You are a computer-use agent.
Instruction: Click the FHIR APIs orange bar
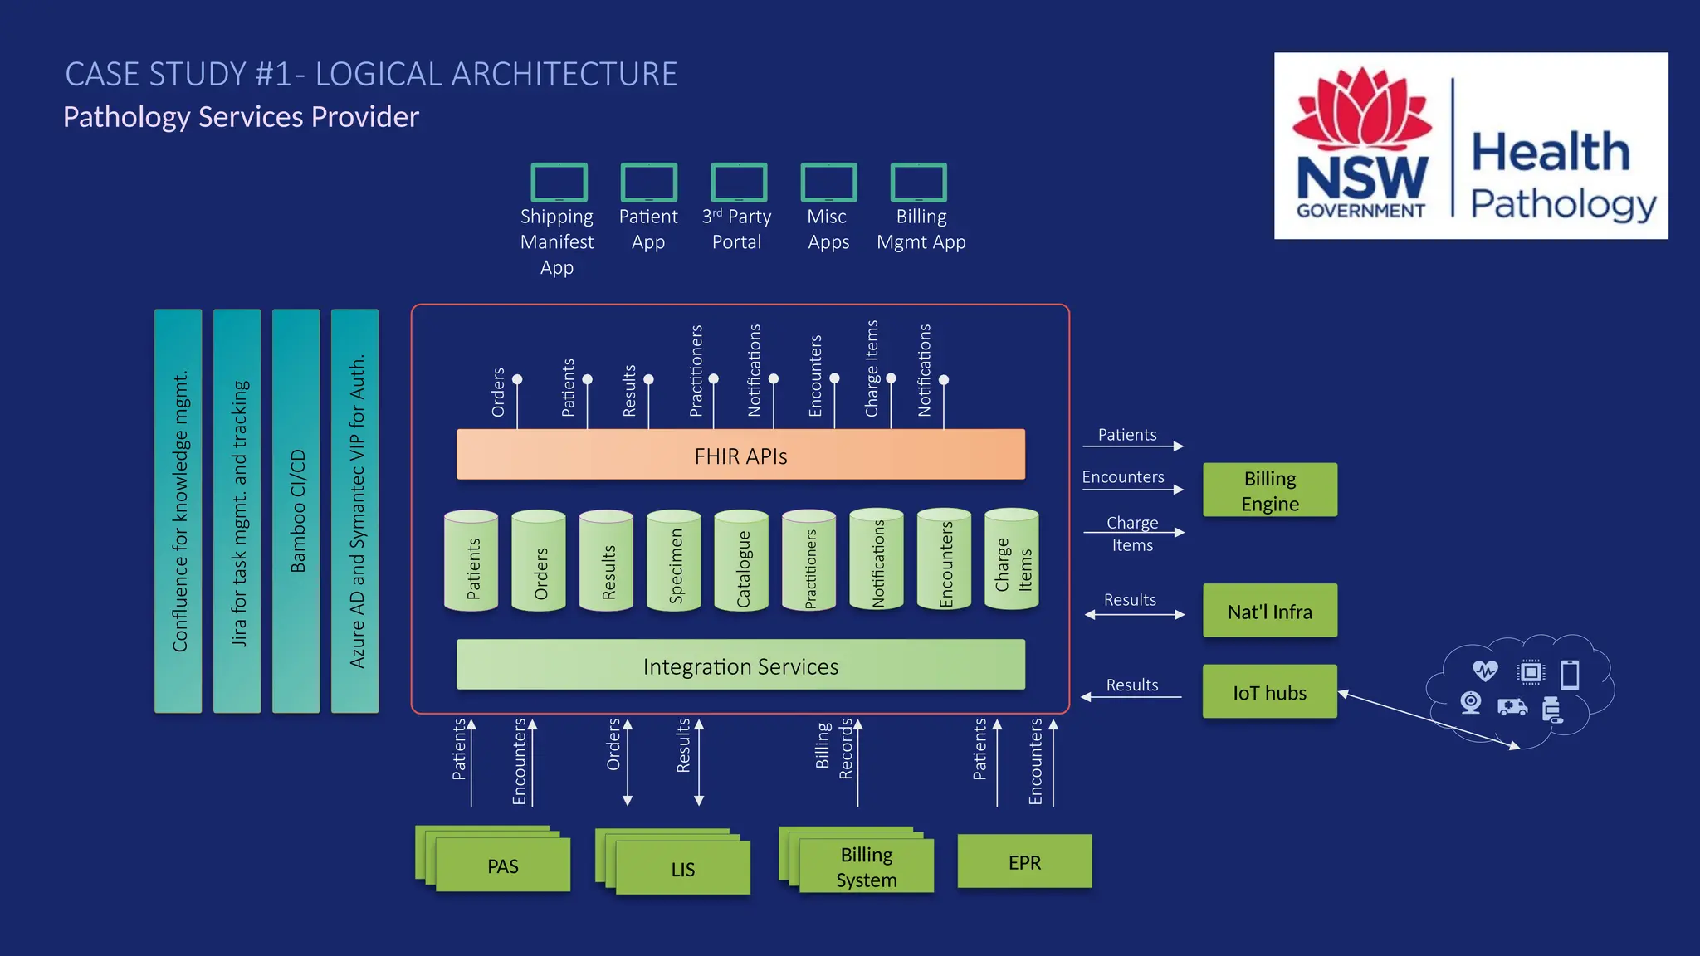pos(740,455)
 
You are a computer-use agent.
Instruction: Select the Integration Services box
pos(740,665)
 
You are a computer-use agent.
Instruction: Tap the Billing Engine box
pos(1269,490)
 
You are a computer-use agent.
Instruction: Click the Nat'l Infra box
pos(1269,611)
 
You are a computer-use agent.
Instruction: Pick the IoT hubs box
pos(1269,691)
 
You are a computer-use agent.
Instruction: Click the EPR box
pos(1024,861)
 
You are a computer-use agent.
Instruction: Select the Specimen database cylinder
pos(674,562)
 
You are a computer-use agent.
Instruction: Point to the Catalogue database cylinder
pos(741,562)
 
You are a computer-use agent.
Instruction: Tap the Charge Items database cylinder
pos(1011,562)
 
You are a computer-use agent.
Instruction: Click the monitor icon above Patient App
pos(648,182)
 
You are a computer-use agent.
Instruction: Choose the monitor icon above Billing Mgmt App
pos(918,182)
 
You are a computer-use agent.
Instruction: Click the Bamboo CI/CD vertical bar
pos(296,510)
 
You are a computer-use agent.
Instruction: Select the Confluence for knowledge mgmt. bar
pos(178,510)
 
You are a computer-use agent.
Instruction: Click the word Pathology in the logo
pos(1562,203)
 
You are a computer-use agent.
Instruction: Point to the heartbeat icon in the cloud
pos(1485,670)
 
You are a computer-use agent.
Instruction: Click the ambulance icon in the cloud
pos(1512,706)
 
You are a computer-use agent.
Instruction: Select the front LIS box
pos(683,868)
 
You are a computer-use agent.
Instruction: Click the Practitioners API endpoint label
pos(696,371)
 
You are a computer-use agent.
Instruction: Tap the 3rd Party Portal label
pos(736,229)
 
